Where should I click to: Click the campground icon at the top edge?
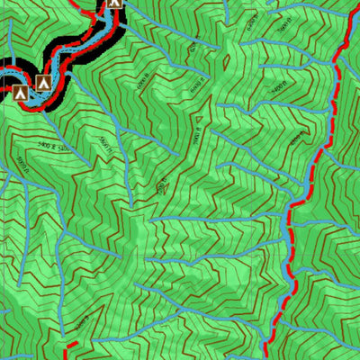point(114,4)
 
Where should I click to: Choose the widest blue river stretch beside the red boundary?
point(289,238)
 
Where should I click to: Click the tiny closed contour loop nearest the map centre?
point(162,186)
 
